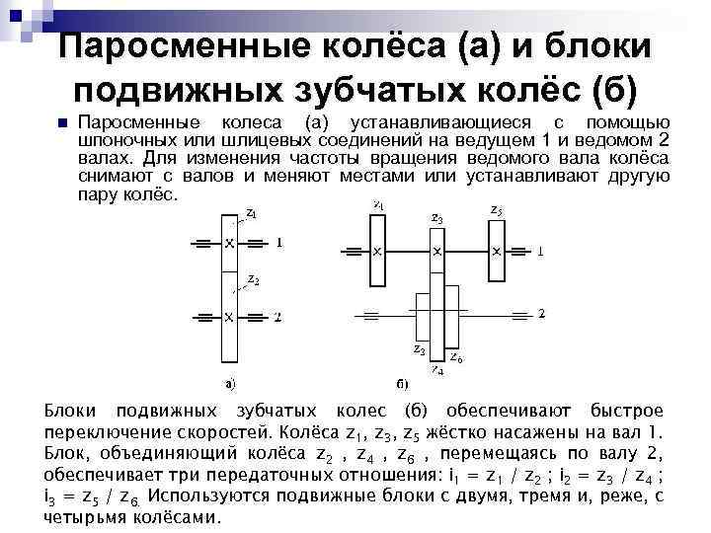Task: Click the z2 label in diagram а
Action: pyautogui.click(x=254, y=279)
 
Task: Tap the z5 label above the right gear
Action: pyautogui.click(x=496, y=210)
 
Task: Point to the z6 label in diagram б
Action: pyautogui.click(x=456, y=356)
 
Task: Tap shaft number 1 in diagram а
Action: pyautogui.click(x=279, y=242)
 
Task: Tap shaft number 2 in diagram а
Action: pyautogui.click(x=279, y=317)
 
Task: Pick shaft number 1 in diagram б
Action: pyautogui.click(x=540, y=252)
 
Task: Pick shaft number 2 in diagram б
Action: pyautogui.click(x=540, y=313)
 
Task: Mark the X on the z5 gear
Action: pyautogui.click(x=497, y=251)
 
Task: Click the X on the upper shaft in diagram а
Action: pyautogui.click(x=229, y=242)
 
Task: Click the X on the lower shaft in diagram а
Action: pyautogui.click(x=229, y=317)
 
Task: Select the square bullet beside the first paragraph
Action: pyautogui.click(x=60, y=124)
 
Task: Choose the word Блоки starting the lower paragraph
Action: pyautogui.click(x=73, y=411)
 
